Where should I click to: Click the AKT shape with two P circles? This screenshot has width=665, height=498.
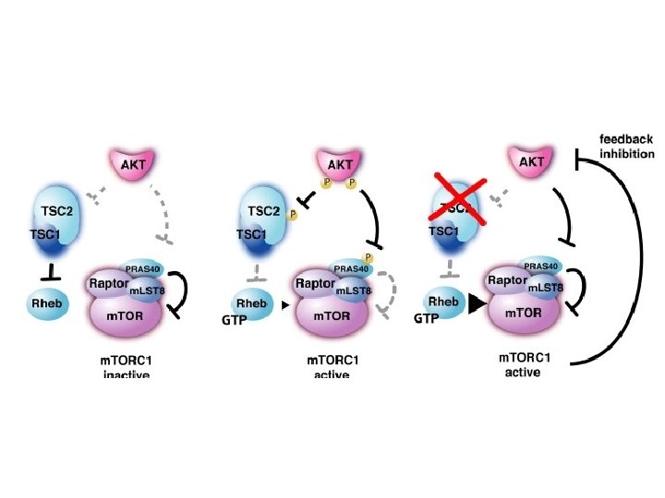click(337, 165)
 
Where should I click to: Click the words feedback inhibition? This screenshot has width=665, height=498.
click(626, 146)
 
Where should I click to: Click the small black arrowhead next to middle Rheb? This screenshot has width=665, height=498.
click(285, 303)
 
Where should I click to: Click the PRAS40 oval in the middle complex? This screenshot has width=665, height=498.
click(351, 268)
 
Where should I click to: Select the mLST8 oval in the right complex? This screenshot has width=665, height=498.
click(545, 288)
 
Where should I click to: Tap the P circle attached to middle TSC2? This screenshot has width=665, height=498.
click(293, 215)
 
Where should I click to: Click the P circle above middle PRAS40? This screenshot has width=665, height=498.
click(368, 256)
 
